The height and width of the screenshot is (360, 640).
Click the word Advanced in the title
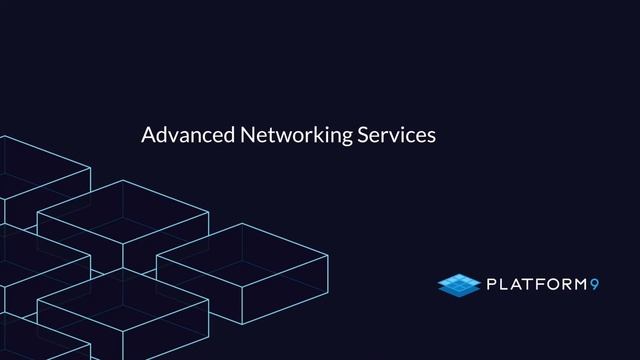coord(182,134)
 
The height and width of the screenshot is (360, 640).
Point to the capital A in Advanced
coord(148,134)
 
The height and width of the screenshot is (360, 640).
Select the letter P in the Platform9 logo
coord(492,287)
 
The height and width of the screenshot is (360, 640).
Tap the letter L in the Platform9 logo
coord(507,287)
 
